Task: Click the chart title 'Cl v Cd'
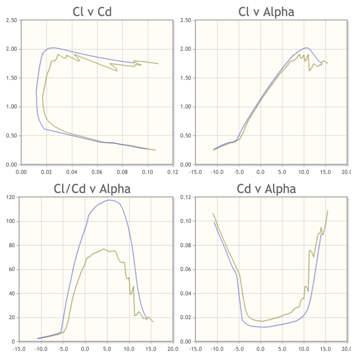coord(92,12)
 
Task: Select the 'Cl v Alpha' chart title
coord(266,12)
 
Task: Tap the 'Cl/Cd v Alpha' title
coord(92,189)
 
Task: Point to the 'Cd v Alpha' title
coord(266,189)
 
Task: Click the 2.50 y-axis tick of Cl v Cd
coord(12,20)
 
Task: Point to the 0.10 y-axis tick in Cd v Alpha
coord(187,221)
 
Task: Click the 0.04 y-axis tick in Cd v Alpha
coord(187,293)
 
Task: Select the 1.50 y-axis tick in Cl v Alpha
coord(187,78)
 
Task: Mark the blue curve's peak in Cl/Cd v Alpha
coord(109,200)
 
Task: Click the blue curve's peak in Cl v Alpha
coord(306,47)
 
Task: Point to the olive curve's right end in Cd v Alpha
coord(328,211)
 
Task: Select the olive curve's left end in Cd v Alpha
coord(213,213)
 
